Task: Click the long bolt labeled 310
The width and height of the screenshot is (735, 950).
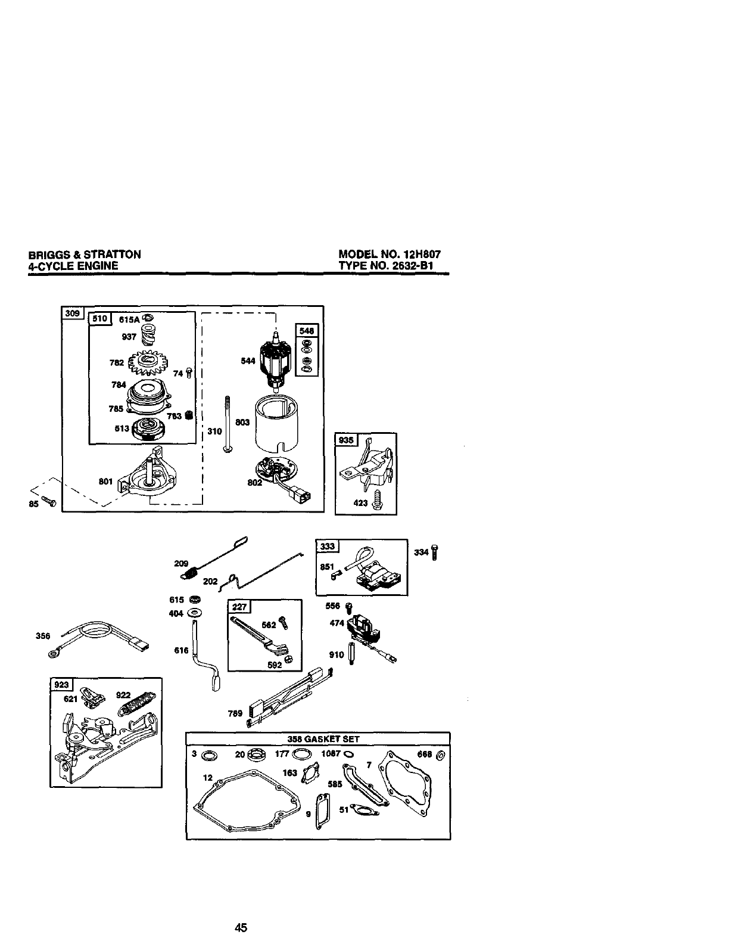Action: (227, 424)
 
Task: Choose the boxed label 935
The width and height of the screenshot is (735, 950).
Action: (347, 440)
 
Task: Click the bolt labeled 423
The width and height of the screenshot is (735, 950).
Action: (377, 501)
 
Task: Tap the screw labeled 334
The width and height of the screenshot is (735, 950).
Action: (436, 552)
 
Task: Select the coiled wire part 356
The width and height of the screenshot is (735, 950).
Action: (95, 635)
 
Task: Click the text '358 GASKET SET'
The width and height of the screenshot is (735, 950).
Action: (323, 739)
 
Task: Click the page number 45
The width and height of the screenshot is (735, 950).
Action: (241, 927)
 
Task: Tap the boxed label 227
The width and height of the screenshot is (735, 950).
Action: (238, 607)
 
